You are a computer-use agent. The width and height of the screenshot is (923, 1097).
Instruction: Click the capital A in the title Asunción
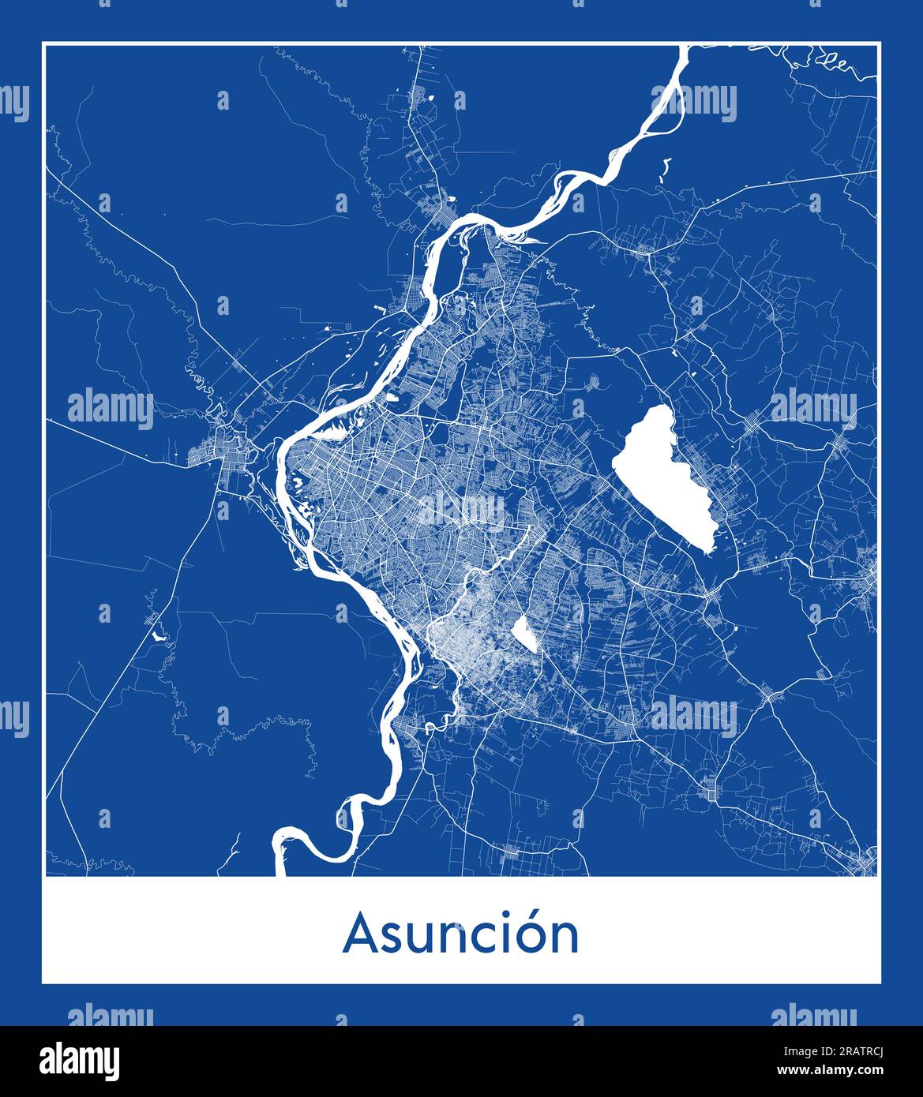pos(361,934)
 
